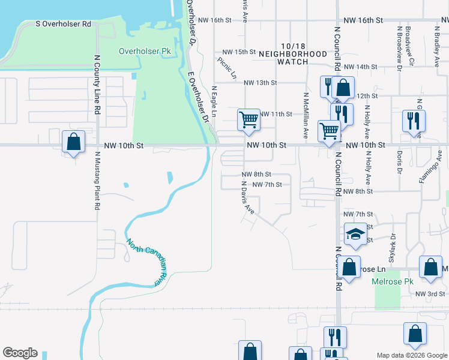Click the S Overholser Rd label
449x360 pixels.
[x=63, y=25]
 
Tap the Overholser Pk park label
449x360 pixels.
[x=145, y=52]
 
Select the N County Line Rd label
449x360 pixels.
[x=96, y=85]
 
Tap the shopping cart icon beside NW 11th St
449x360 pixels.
[x=249, y=119]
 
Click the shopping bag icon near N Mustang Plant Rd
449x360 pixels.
[x=73, y=142]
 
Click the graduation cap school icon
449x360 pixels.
[x=355, y=234]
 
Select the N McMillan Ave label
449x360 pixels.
[x=306, y=116]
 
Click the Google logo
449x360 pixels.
[x=20, y=353]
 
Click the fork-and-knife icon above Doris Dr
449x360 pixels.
[x=414, y=121]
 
